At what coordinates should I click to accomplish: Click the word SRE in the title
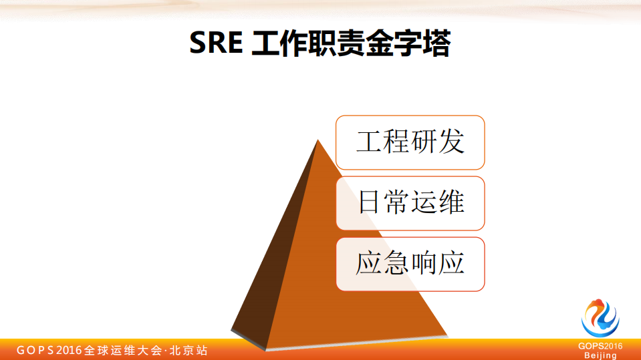coord(216,44)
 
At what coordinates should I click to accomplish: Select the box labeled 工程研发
coord(410,142)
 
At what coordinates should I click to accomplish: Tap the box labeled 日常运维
coord(410,203)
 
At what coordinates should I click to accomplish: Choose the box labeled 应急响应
coord(410,264)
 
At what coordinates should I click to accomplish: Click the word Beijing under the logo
coord(600,355)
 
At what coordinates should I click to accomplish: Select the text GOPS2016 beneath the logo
coord(600,346)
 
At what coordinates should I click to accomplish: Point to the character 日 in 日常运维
coord(369,203)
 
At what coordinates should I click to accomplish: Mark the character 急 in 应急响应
coord(396,264)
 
